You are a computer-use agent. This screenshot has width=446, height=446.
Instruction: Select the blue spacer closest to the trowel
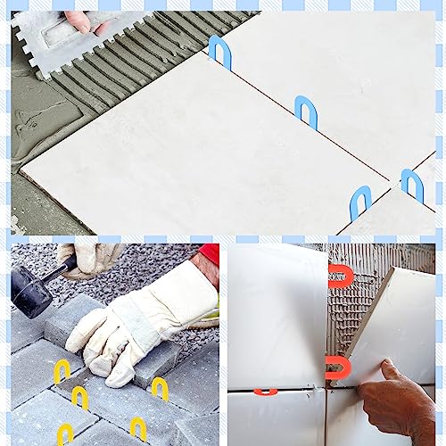[219, 52]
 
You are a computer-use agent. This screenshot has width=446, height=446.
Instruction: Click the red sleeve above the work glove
[210, 255]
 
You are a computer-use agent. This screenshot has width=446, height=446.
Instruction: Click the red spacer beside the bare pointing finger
[337, 367]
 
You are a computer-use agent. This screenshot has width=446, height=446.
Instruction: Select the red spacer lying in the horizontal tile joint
[265, 392]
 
